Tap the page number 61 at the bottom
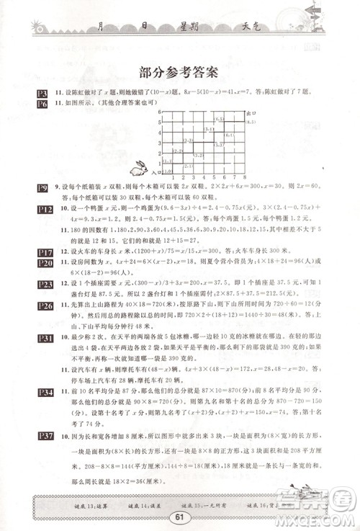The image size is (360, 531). (x=180, y=516)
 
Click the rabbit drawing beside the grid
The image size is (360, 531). (x=138, y=169)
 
